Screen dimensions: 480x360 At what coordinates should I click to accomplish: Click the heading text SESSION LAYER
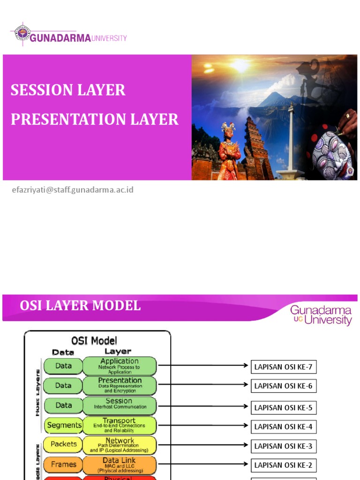point(68,90)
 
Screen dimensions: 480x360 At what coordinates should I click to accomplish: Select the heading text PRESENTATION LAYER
point(94,120)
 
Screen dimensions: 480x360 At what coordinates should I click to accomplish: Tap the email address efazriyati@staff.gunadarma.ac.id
point(73,190)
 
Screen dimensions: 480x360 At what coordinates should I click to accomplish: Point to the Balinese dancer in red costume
point(229,152)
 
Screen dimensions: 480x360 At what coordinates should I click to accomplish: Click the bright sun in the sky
point(240,66)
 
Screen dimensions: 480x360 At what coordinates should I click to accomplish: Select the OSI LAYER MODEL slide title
point(80,306)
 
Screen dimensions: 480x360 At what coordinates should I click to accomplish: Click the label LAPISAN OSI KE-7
point(283,367)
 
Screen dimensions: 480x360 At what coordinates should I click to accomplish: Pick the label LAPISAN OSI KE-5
point(283,407)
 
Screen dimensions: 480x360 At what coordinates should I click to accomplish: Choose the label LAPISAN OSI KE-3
point(283,446)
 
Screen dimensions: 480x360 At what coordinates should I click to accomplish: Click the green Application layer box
point(120,366)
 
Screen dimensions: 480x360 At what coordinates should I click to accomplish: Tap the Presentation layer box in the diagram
point(120,385)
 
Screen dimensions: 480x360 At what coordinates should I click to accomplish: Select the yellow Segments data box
point(64,425)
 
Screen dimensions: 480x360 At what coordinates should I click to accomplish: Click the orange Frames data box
point(63,465)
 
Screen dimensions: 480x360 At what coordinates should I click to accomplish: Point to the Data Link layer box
point(120,465)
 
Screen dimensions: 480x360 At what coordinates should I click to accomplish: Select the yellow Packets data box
point(63,444)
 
